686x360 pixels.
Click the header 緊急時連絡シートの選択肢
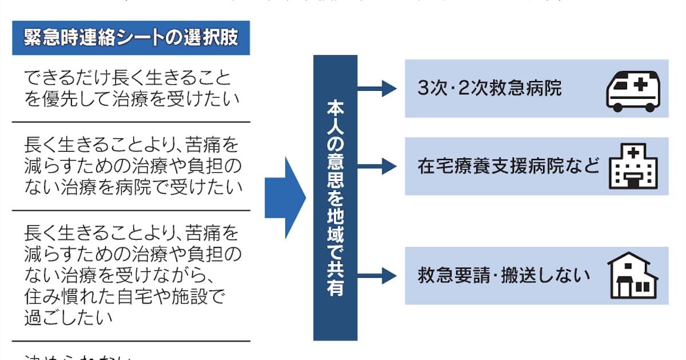tap(131, 38)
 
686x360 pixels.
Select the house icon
tap(633, 275)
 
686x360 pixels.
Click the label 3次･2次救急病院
tap(490, 89)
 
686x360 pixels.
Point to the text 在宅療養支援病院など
tap(509, 166)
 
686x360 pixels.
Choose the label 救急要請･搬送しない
tap(504, 276)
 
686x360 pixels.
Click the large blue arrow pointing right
tap(285, 198)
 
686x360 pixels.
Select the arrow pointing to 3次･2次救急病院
tap(377, 89)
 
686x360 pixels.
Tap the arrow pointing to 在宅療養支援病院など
tap(377, 166)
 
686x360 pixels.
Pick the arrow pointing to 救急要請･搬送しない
tap(377, 276)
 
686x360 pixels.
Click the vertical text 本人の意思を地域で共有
tap(335, 198)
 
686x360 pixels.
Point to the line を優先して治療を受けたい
tap(131, 99)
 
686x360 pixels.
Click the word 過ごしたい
tap(69, 318)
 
